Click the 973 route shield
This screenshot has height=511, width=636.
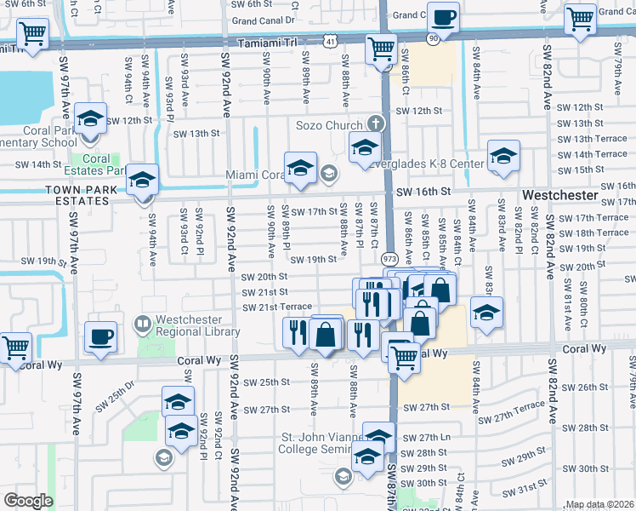(x=390, y=258)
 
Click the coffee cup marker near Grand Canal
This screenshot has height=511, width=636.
(x=443, y=17)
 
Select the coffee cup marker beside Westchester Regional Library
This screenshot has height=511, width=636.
(x=101, y=336)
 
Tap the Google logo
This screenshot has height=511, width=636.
(x=29, y=501)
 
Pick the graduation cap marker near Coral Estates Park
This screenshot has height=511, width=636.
(x=143, y=180)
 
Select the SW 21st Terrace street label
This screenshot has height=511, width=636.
(x=276, y=307)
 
